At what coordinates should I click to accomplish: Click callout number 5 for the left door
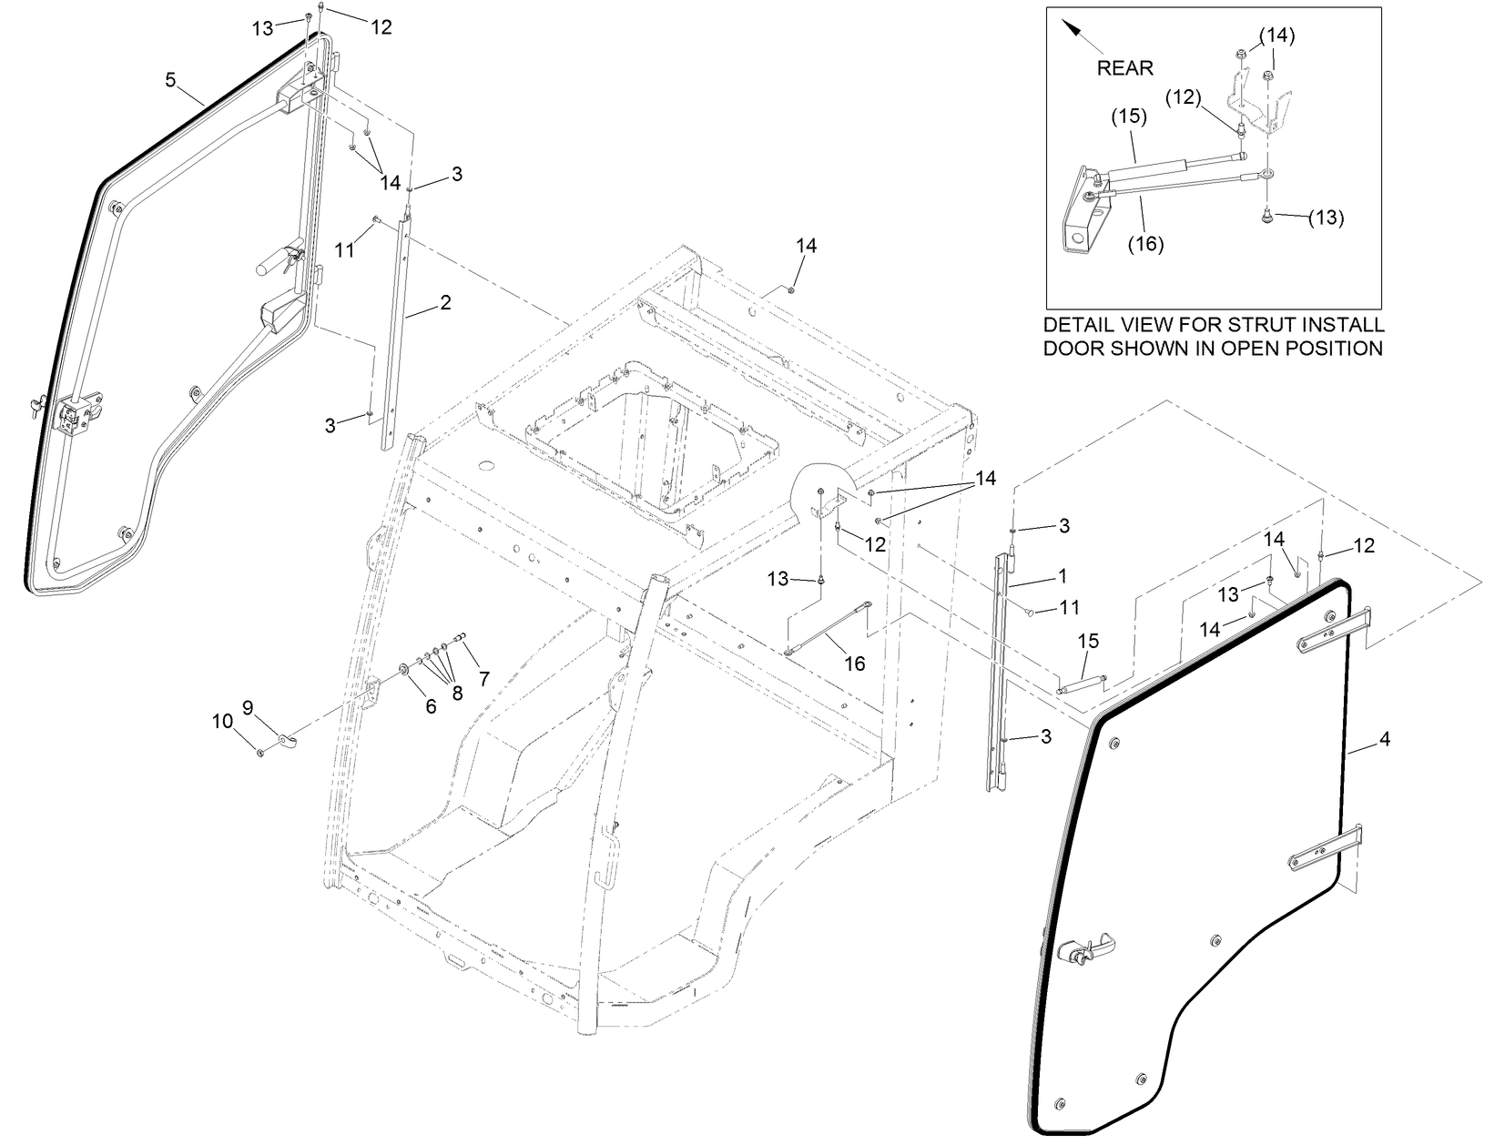point(170,80)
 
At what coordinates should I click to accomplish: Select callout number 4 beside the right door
point(1385,740)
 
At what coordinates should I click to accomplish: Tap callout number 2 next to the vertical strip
point(445,303)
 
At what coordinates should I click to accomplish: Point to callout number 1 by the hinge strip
point(1062,576)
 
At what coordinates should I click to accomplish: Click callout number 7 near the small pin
point(484,678)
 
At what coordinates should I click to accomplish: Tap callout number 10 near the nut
point(222,722)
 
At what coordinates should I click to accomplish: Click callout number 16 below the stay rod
point(854,664)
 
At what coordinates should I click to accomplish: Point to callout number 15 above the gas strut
point(1090,642)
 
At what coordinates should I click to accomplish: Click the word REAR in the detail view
point(1124,67)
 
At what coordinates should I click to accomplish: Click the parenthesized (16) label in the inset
point(1146,244)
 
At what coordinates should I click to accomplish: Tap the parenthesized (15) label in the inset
point(1128,117)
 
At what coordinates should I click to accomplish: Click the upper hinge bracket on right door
point(1329,632)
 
